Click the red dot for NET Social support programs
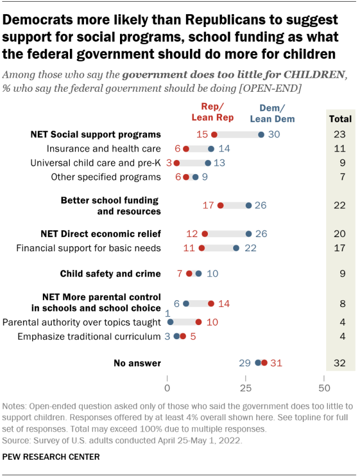214,134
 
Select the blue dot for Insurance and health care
211,149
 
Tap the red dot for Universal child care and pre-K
176,163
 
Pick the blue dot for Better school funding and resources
248,206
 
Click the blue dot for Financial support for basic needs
236,248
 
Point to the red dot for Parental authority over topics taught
198,322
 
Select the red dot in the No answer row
264,363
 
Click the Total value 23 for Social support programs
339,135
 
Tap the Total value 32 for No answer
339,363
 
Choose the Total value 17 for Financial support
339,248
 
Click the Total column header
340,119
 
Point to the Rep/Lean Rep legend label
213,112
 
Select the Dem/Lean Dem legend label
272,114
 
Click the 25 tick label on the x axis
246,389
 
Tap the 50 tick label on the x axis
324,389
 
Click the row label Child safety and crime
110,274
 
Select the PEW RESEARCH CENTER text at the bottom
51,457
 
